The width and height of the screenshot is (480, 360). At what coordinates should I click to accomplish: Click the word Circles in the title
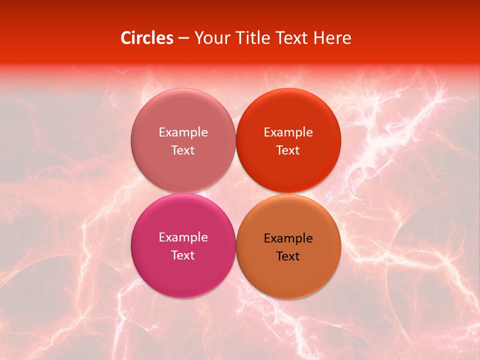pyautogui.click(x=146, y=38)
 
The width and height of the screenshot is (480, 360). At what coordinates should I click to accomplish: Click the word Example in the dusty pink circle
pyautogui.click(x=183, y=132)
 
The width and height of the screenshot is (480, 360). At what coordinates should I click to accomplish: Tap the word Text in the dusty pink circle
pyautogui.click(x=183, y=150)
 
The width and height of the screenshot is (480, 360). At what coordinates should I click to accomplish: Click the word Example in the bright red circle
pyautogui.click(x=288, y=132)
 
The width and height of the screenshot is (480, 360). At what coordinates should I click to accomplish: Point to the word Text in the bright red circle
pyautogui.click(x=288, y=150)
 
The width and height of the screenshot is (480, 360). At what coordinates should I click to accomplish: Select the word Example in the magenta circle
pyautogui.click(x=183, y=237)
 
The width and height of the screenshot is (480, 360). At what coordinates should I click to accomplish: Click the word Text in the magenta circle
pyautogui.click(x=183, y=255)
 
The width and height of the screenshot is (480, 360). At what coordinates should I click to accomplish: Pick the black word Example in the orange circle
pyautogui.click(x=288, y=238)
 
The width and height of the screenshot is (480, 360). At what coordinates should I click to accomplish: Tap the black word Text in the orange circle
pyautogui.click(x=288, y=256)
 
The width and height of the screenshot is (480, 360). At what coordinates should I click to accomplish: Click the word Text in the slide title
pyautogui.click(x=291, y=38)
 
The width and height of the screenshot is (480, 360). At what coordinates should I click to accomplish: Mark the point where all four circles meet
pyautogui.click(x=235, y=193)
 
